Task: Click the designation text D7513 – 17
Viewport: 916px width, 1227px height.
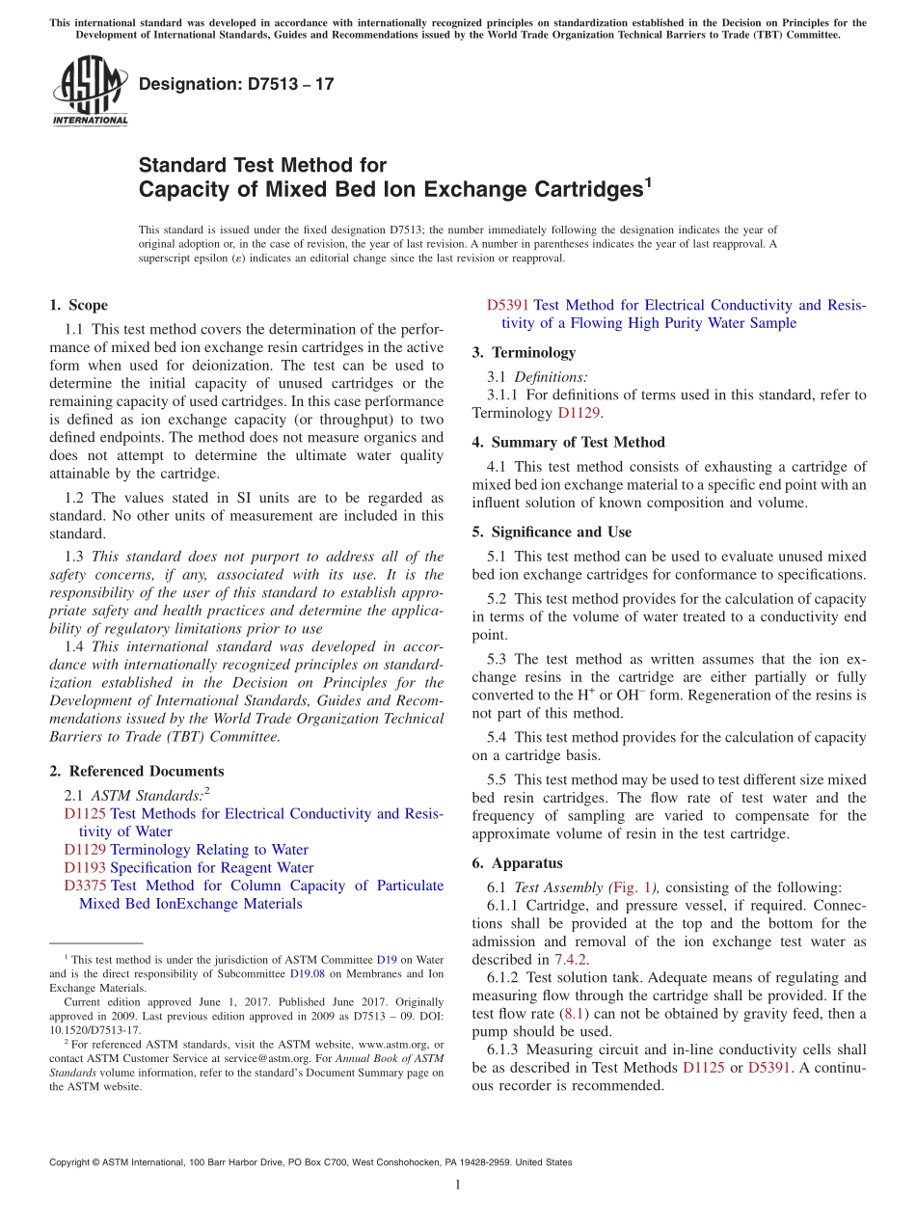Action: point(236,84)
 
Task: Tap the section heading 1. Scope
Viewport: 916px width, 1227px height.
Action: point(79,305)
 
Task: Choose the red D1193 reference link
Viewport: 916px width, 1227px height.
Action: point(85,867)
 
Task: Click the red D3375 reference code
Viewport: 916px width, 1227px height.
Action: point(85,886)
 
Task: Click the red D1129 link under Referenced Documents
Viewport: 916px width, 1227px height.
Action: point(85,850)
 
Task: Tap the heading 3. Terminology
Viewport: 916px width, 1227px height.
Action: point(524,352)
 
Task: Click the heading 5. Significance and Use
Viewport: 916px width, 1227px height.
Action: point(552,532)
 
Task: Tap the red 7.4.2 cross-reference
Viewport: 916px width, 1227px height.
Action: point(570,959)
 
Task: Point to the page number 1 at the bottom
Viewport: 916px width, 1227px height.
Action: point(458,1185)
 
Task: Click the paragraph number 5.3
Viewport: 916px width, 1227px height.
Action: point(498,659)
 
